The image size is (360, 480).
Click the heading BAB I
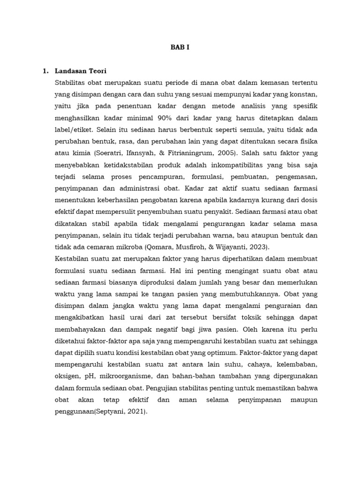pos(180,47)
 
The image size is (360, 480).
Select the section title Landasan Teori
pos(81,71)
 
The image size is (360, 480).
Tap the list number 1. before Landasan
pos(45,71)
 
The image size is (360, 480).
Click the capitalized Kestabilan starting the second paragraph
pos(72,259)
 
